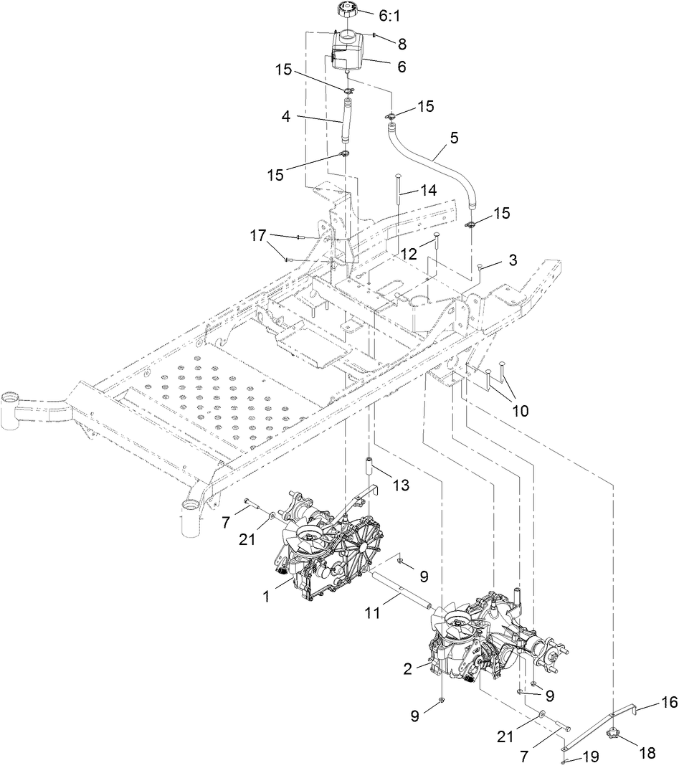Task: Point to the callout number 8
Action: click(x=402, y=43)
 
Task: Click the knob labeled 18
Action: click(x=612, y=733)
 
